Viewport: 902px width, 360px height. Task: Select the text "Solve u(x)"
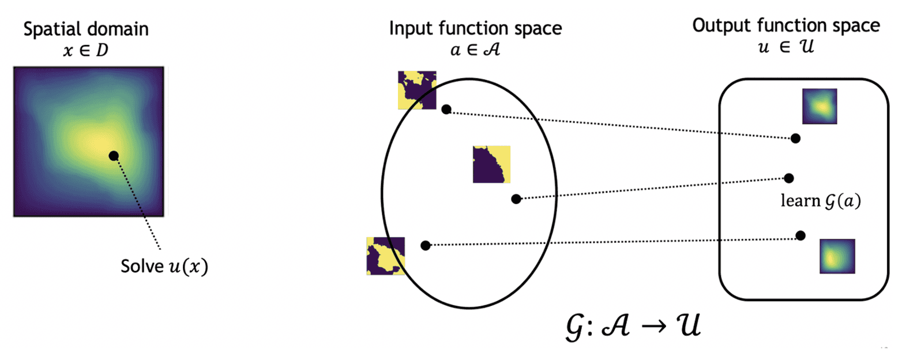point(164,267)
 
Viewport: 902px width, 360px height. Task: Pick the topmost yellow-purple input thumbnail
point(416,91)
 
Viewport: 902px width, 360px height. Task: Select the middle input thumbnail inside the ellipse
point(491,164)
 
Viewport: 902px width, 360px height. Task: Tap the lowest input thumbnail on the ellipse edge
point(386,255)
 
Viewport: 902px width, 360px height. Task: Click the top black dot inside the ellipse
point(446,108)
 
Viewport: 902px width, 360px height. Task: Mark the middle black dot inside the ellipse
point(516,198)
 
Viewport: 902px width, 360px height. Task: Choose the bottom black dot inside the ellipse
point(425,245)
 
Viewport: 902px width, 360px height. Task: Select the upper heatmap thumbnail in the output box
point(820,107)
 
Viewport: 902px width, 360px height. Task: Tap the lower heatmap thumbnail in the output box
point(837,256)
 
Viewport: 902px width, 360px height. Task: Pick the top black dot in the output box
point(795,138)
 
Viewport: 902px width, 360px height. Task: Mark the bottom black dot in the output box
point(800,235)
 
